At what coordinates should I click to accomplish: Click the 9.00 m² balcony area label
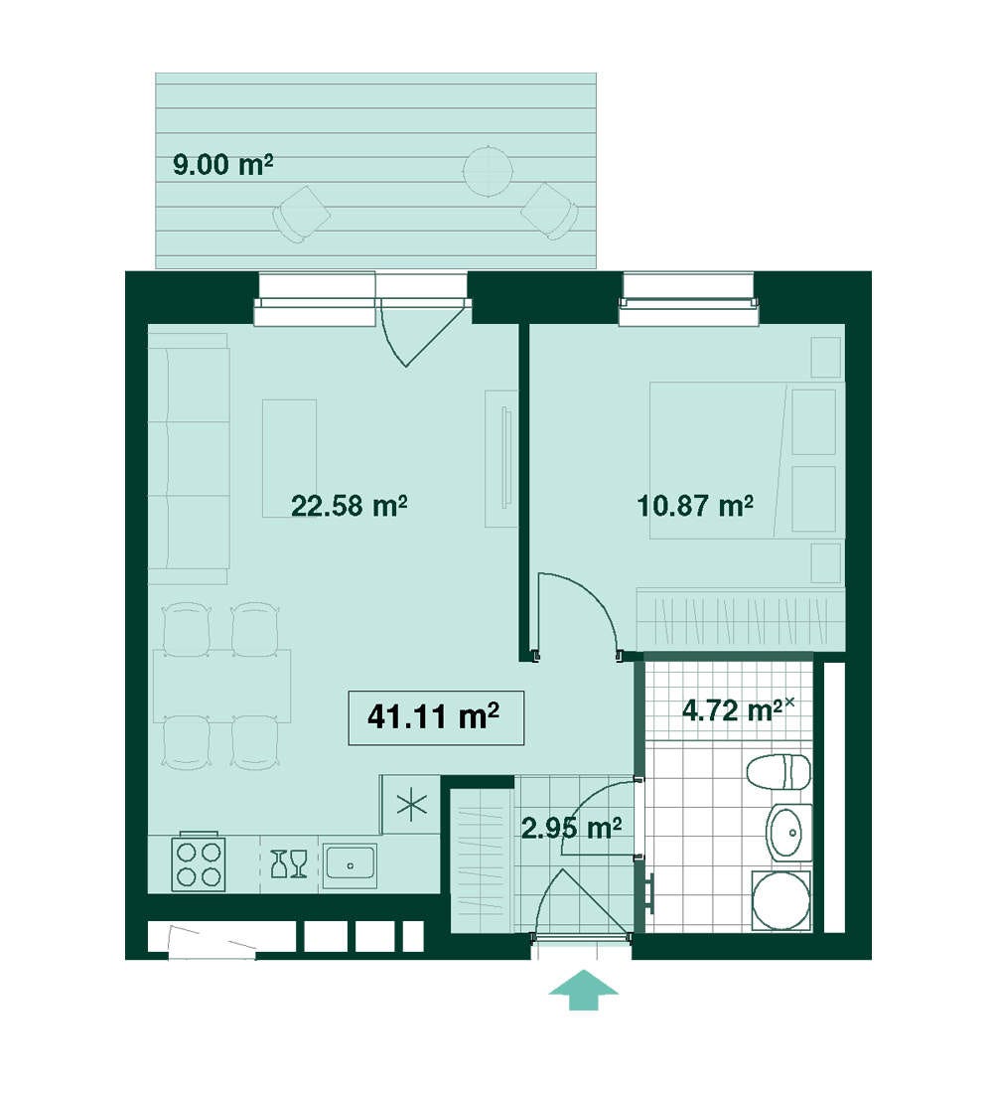[222, 165]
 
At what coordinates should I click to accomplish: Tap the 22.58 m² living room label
[349, 505]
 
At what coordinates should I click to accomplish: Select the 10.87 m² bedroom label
[695, 505]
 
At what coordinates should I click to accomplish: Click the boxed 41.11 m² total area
[436, 718]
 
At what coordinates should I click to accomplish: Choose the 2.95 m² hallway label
[572, 828]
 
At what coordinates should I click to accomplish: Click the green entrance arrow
[583, 989]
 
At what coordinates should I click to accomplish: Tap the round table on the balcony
[488, 171]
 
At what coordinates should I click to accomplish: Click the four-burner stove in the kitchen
[200, 862]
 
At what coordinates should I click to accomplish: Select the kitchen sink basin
[351, 865]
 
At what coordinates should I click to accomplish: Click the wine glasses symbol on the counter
[289, 862]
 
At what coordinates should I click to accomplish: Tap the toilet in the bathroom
[779, 772]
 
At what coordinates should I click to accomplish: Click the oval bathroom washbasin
[789, 832]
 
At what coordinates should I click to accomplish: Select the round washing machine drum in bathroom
[781, 900]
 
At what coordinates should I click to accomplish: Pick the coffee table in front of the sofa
[289, 458]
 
